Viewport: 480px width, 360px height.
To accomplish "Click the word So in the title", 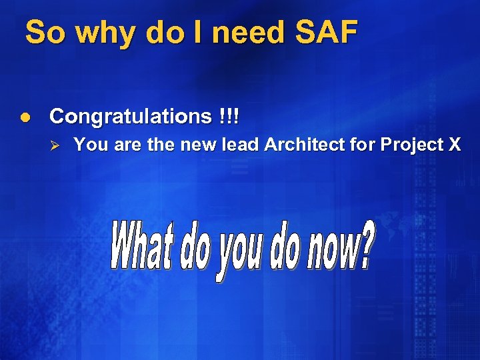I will point(44,32).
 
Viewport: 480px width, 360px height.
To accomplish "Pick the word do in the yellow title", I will point(162,32).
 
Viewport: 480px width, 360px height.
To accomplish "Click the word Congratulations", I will point(130,117).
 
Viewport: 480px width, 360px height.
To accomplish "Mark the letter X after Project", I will point(453,145).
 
